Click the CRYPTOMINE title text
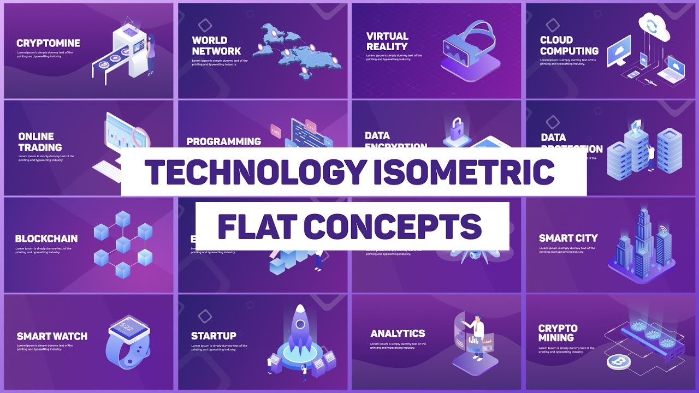pyautogui.click(x=48, y=43)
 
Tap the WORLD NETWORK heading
pyautogui.click(x=216, y=45)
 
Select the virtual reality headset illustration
pyautogui.click(x=470, y=46)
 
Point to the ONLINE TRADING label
pyautogui.click(x=40, y=142)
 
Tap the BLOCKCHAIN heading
pyautogui.click(x=46, y=239)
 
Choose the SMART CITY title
pyautogui.click(x=568, y=238)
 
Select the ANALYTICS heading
pyautogui.click(x=398, y=334)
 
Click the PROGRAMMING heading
pyautogui.click(x=223, y=141)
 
